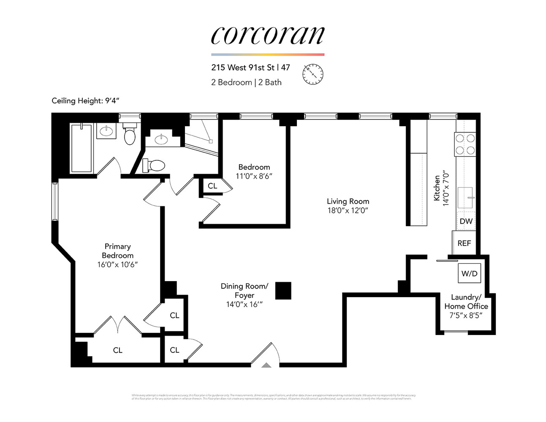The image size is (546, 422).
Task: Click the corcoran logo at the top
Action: [268, 35]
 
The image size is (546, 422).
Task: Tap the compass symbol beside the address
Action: [313, 74]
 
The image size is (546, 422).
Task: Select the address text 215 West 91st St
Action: [243, 68]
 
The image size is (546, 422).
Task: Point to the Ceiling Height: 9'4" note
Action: [87, 100]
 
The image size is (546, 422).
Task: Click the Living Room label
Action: [348, 201]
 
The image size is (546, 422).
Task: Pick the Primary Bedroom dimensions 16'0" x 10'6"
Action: [117, 265]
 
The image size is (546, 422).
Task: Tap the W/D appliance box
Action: [469, 273]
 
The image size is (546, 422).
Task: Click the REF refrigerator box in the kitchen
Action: [464, 243]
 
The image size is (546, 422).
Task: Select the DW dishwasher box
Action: [466, 221]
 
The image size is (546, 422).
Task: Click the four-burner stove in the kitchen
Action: [465, 144]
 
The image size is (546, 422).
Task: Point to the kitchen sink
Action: [466, 197]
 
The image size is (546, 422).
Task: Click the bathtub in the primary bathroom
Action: [81, 148]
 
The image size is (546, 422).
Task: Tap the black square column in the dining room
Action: [283, 291]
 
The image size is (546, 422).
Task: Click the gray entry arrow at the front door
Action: [266, 365]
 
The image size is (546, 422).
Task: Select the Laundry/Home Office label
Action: [466, 302]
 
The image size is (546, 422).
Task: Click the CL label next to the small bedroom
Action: [212, 186]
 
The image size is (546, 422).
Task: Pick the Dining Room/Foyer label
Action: [244, 291]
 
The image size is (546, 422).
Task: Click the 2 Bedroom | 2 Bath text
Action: [246, 82]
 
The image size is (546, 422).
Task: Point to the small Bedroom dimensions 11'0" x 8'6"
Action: [254, 176]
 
